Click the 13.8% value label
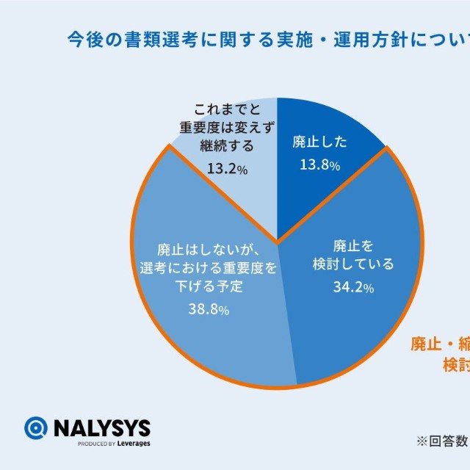(319, 165)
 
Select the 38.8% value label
(209, 310)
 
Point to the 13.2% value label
(227, 169)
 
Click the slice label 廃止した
(319, 141)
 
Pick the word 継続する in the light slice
(227, 145)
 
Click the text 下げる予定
(209, 286)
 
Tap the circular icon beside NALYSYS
(36, 428)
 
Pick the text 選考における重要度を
(209, 267)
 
